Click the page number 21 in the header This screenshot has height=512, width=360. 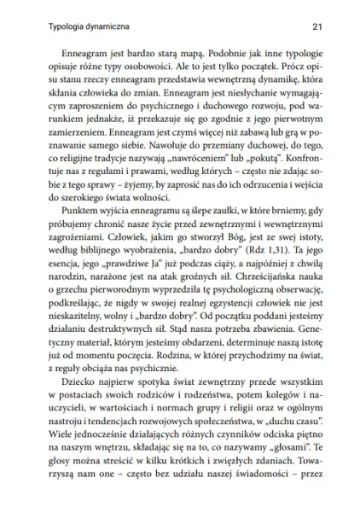[x=316, y=26]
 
